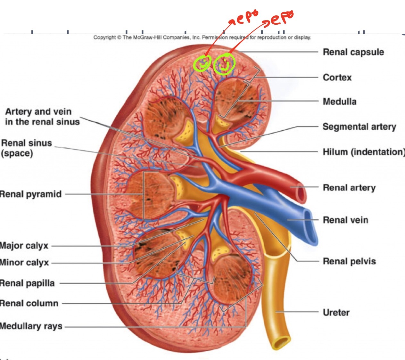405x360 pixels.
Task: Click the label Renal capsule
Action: pos(353,52)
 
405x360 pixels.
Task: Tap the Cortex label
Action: pos(337,78)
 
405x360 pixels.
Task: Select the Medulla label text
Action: pos(339,102)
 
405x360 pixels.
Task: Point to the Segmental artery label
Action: pos(359,127)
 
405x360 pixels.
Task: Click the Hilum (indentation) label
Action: pos(363,152)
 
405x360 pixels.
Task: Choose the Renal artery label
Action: pos(349,188)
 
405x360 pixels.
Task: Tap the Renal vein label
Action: pos(345,220)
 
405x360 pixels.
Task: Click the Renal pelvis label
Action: pos(349,261)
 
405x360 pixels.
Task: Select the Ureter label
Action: pos(336,312)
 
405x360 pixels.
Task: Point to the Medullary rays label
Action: pos(31,326)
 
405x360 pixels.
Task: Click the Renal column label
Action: pos(29,303)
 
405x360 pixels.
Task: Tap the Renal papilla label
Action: pos(27,283)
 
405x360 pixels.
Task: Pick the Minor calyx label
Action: pos(25,263)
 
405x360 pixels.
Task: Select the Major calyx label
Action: pos(24,246)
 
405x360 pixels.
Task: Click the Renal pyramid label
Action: pos(31,194)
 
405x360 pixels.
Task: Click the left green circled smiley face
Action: pos(202,63)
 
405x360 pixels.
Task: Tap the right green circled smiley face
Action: pos(224,64)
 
